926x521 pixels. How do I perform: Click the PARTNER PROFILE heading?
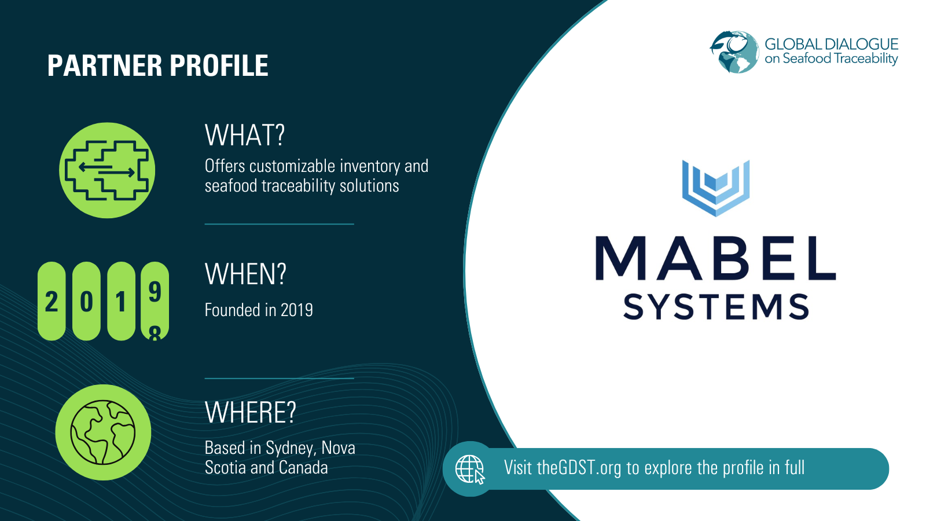[x=157, y=65]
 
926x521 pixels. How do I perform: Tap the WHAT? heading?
[x=245, y=135]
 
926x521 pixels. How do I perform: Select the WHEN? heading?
[x=245, y=274]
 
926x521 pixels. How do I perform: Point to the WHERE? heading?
[x=250, y=413]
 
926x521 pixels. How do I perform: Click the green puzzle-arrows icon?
[x=107, y=170]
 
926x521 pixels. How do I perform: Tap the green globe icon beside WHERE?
[x=103, y=432]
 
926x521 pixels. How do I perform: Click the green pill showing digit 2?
[x=52, y=301]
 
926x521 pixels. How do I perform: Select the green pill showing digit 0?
[x=86, y=301]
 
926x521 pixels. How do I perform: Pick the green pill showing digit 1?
[x=121, y=301]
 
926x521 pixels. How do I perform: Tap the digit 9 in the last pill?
[x=155, y=292]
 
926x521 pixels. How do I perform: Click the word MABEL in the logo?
[x=715, y=259]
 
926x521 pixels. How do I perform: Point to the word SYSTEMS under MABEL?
[x=716, y=307]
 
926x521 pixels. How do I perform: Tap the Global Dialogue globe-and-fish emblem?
[x=734, y=52]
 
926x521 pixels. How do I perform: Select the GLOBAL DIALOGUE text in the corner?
[x=831, y=44]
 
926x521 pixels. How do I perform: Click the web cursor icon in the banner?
[x=470, y=469]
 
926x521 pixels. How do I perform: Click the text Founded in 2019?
[x=259, y=310]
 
